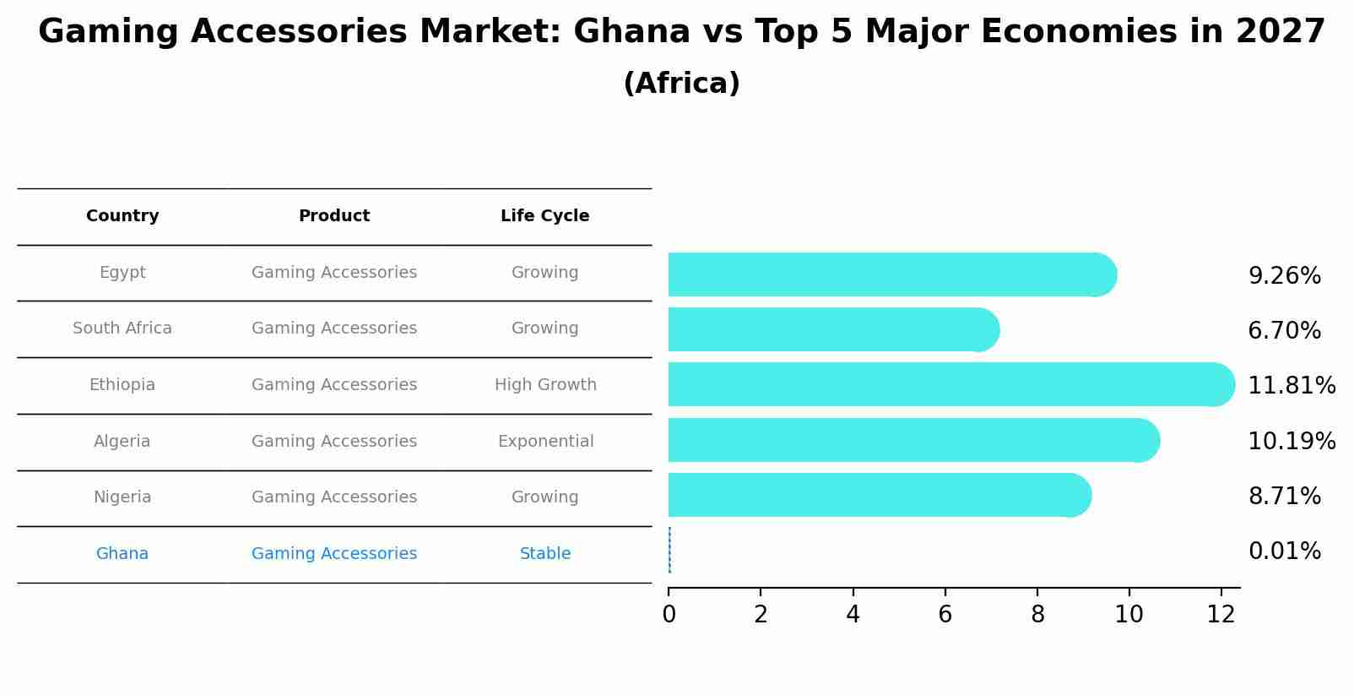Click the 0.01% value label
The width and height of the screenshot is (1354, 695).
coord(1284,551)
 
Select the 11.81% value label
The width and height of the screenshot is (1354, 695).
coord(1291,386)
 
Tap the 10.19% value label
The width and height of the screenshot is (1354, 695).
coord(1291,441)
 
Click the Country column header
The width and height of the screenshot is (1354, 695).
coord(122,216)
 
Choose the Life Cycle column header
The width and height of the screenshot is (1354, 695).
coord(544,216)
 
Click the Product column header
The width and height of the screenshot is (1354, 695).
coord(333,216)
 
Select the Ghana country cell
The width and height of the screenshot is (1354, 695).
coord(122,554)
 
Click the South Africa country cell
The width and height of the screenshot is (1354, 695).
coord(122,328)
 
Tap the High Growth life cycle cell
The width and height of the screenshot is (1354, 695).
coord(545,385)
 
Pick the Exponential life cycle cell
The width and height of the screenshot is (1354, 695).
coord(545,442)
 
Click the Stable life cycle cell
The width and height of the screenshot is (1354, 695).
coord(545,554)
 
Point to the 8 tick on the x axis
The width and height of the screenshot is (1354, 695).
coord(1037,614)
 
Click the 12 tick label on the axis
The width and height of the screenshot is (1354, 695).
coord(1221,614)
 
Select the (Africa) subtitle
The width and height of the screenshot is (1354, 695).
coord(681,84)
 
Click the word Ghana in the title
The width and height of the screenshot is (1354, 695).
coord(631,32)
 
